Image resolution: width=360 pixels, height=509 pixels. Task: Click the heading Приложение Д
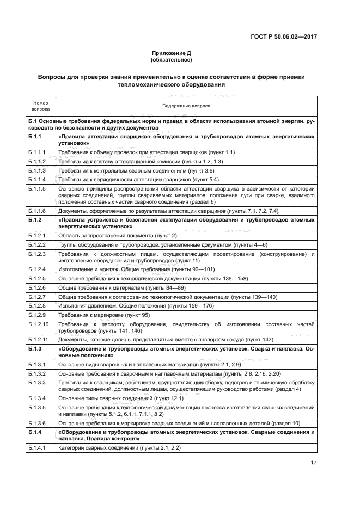tap(172, 53)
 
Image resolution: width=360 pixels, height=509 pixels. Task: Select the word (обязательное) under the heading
tap(172, 60)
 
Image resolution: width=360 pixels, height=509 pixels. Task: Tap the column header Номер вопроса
tap(40, 106)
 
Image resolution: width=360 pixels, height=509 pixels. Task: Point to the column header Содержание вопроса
tap(186, 106)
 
